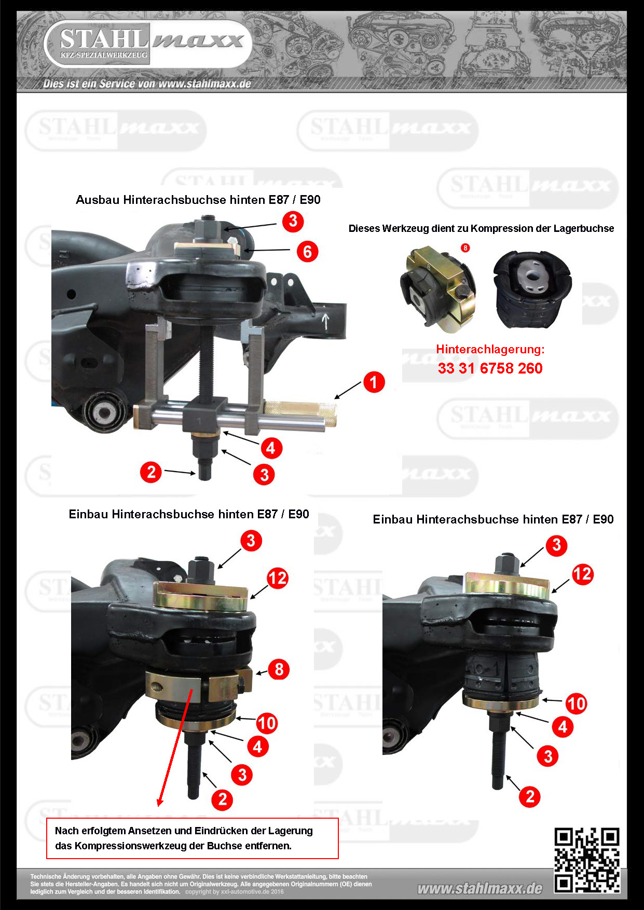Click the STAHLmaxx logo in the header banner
point(148,44)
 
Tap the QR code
point(587,860)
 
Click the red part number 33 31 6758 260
point(490,368)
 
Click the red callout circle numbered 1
point(374,382)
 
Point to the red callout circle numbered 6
point(308,252)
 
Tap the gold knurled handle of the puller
point(300,412)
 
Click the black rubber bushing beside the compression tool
point(532,289)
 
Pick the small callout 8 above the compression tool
point(465,248)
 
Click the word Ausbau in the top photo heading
point(98,200)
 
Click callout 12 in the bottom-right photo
point(583,574)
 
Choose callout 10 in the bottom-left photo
point(267,723)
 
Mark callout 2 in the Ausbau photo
point(151,472)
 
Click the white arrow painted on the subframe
point(325,321)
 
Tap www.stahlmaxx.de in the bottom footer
point(480,889)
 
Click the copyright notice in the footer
point(235,892)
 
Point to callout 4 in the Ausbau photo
point(271,448)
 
